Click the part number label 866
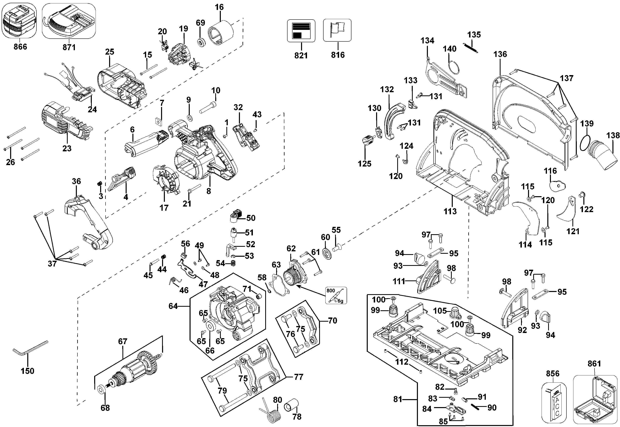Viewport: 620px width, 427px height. pyautogui.click(x=20, y=47)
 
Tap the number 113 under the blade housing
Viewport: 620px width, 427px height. pyautogui.click(x=450, y=211)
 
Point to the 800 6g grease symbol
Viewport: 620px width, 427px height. pyautogui.click(x=336, y=295)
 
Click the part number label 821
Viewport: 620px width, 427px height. pyautogui.click(x=301, y=55)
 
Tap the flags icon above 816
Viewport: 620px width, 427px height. pyautogui.click(x=337, y=30)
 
